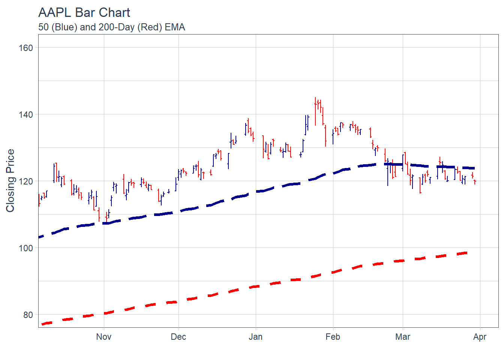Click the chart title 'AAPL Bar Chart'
pyautogui.click(x=84, y=13)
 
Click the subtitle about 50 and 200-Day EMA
pyautogui.click(x=111, y=27)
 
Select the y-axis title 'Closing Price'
pyautogui.click(x=10, y=180)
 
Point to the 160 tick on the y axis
pyautogui.click(x=26, y=48)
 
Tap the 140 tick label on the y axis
pyautogui.click(x=26, y=115)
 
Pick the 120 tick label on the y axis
pyautogui.click(x=26, y=181)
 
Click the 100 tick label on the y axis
pyautogui.click(x=26, y=248)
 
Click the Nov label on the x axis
pyautogui.click(x=103, y=337)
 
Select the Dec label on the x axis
pyautogui.click(x=178, y=337)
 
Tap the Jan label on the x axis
pyautogui.click(x=256, y=337)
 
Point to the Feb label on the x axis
pyautogui.click(x=333, y=337)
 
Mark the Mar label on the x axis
pyautogui.click(x=403, y=337)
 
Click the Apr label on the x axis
pyautogui.click(x=480, y=337)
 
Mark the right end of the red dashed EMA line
pyautogui.click(x=466, y=253)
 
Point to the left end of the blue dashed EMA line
pyautogui.click(x=39, y=237)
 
